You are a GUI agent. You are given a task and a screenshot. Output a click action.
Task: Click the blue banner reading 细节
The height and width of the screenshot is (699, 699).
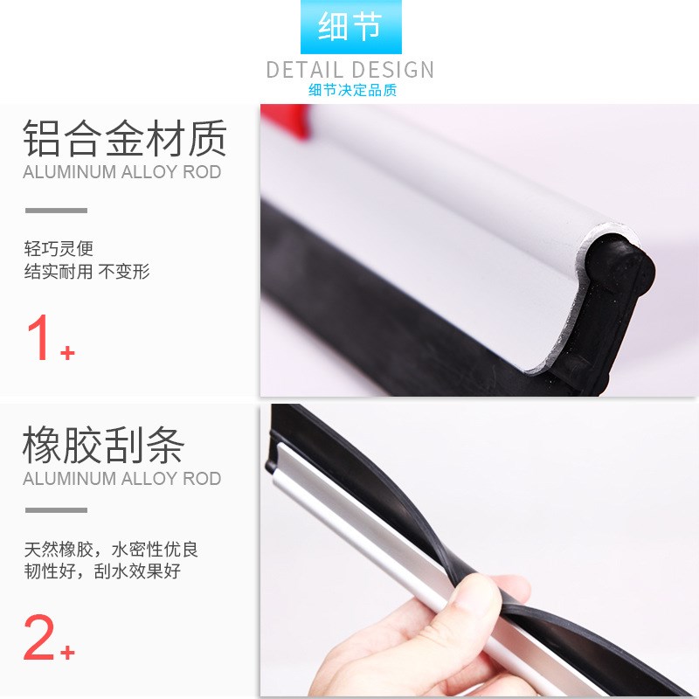click(350, 27)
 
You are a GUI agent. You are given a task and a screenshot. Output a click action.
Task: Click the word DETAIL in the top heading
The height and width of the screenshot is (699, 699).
click(306, 70)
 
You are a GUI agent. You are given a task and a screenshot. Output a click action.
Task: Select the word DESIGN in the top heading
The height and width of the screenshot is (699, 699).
click(393, 70)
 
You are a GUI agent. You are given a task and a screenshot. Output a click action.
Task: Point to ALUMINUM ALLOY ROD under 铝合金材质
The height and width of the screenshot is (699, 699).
click(121, 171)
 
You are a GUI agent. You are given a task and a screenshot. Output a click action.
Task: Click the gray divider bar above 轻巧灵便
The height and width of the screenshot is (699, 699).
click(56, 211)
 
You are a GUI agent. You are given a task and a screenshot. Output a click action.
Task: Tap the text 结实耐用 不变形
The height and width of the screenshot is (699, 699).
click(87, 272)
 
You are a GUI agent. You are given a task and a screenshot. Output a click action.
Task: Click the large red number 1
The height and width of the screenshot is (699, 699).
click(40, 339)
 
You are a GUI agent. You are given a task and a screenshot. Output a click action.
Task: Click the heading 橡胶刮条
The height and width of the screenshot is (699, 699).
click(103, 446)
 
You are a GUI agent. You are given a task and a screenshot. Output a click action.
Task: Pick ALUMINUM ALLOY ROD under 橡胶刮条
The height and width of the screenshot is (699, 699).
click(121, 479)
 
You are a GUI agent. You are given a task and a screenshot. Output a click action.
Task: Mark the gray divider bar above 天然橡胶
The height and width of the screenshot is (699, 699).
click(56, 510)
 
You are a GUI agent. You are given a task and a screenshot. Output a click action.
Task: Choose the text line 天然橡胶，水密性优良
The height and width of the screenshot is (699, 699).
click(111, 550)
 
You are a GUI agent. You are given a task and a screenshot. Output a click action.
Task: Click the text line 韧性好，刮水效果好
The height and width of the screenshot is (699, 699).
click(102, 572)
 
